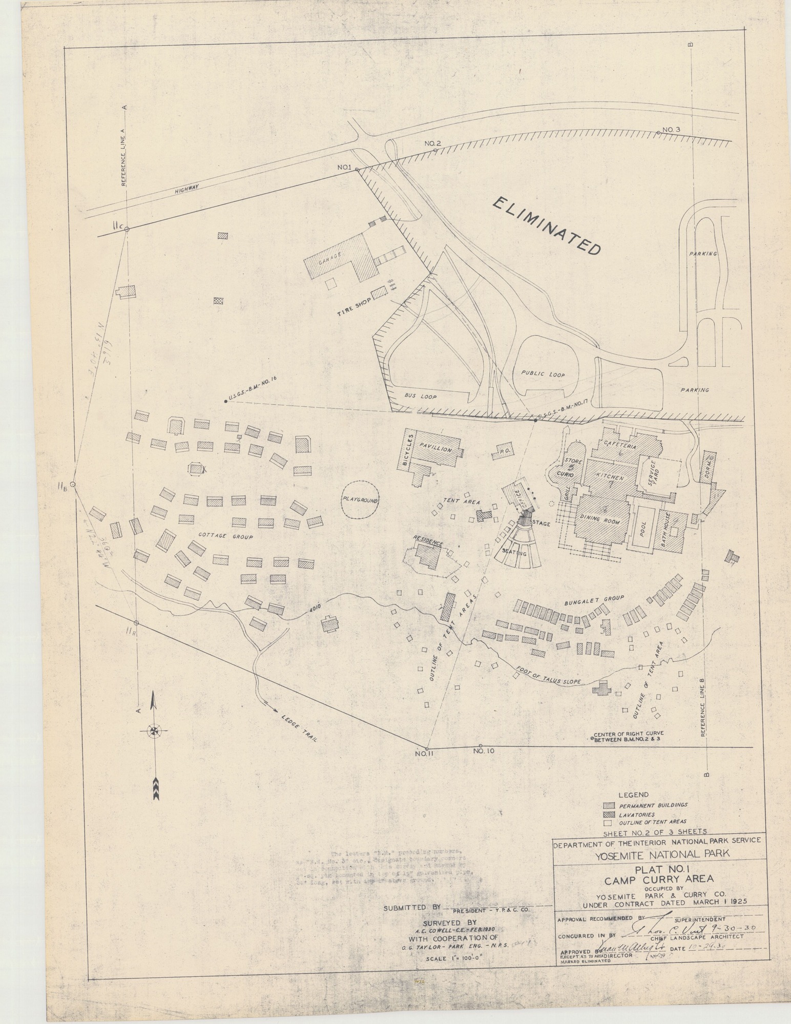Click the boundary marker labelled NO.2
click(435, 150)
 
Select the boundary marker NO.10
click(480, 746)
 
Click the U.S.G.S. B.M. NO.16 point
click(225, 401)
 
